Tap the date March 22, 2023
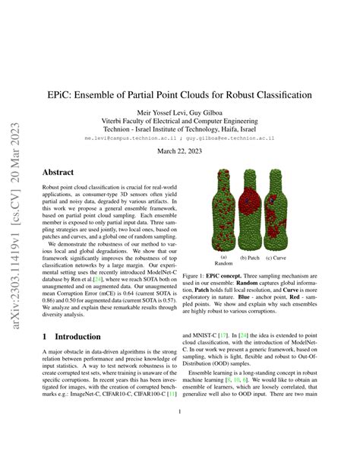[x=179, y=150]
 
